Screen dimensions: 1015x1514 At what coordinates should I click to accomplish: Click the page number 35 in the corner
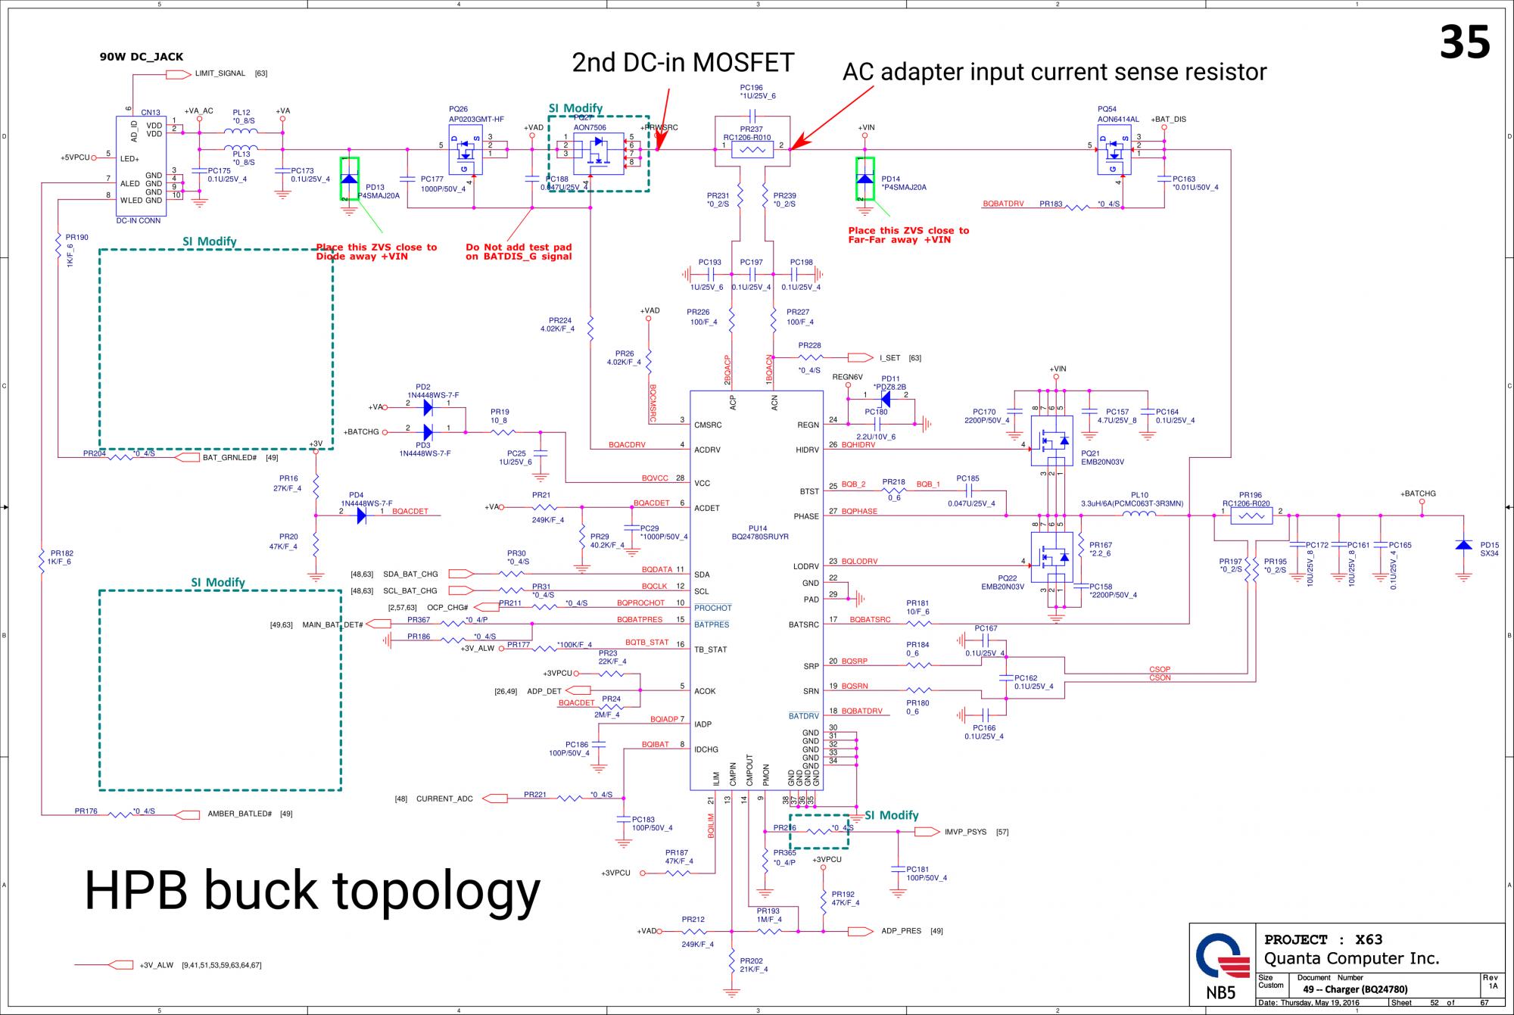(1464, 42)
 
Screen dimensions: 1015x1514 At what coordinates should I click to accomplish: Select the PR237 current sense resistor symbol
(752, 151)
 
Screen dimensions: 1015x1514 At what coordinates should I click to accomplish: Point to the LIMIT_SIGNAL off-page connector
(178, 74)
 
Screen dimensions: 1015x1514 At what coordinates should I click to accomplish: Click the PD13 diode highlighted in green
(349, 179)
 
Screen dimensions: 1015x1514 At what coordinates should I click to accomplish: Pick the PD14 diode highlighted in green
(864, 179)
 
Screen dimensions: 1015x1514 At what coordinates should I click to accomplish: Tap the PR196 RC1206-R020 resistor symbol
(1251, 516)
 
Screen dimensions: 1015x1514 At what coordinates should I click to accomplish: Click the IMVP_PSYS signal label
(965, 832)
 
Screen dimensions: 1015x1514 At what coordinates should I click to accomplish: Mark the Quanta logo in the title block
(1222, 956)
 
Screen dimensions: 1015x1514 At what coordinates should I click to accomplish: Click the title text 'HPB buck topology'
(312, 891)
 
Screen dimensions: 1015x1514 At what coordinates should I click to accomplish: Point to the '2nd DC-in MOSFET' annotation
(683, 63)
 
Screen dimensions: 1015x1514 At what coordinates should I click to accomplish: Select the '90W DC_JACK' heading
(142, 57)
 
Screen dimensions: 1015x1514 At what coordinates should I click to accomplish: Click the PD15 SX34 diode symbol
(1463, 546)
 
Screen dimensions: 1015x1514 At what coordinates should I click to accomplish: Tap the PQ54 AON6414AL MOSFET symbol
(1114, 150)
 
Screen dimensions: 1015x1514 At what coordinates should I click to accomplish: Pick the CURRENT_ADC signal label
(444, 799)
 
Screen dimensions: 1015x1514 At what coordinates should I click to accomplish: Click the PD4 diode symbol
(362, 515)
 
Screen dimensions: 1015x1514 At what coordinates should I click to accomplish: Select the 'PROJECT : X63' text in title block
(1323, 939)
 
